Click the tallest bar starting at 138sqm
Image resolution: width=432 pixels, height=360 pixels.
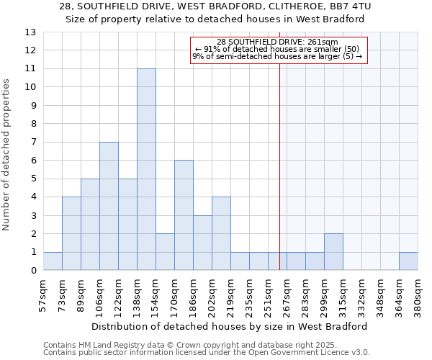point(146,169)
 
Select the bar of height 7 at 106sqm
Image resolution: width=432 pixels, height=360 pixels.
point(109,206)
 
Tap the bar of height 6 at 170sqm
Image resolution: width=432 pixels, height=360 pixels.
point(184,215)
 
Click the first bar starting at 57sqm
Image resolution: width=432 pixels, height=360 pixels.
point(53,261)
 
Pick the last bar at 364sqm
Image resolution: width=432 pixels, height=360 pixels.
point(408,261)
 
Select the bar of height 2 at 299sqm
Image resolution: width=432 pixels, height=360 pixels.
point(333,252)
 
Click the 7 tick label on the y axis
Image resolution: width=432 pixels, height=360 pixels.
point(32,142)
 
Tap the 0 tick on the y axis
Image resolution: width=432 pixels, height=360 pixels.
point(32,271)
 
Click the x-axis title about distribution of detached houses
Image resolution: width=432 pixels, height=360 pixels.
point(230,326)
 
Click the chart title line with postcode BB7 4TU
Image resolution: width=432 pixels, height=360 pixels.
point(215,6)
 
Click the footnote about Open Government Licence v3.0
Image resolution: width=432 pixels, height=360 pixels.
point(207,353)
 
